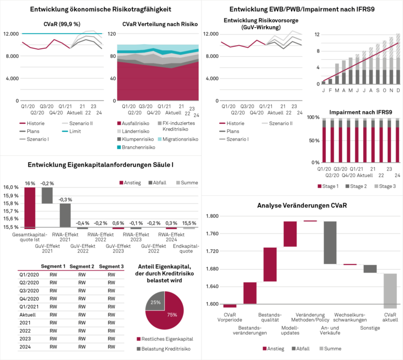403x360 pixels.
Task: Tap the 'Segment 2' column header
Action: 82,266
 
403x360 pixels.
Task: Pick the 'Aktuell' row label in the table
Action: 27,314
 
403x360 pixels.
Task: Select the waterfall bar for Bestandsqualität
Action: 270,264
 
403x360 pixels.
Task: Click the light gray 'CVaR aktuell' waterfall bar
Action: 389,291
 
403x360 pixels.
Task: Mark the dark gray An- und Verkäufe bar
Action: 330,242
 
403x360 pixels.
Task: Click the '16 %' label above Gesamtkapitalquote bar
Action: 29,183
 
